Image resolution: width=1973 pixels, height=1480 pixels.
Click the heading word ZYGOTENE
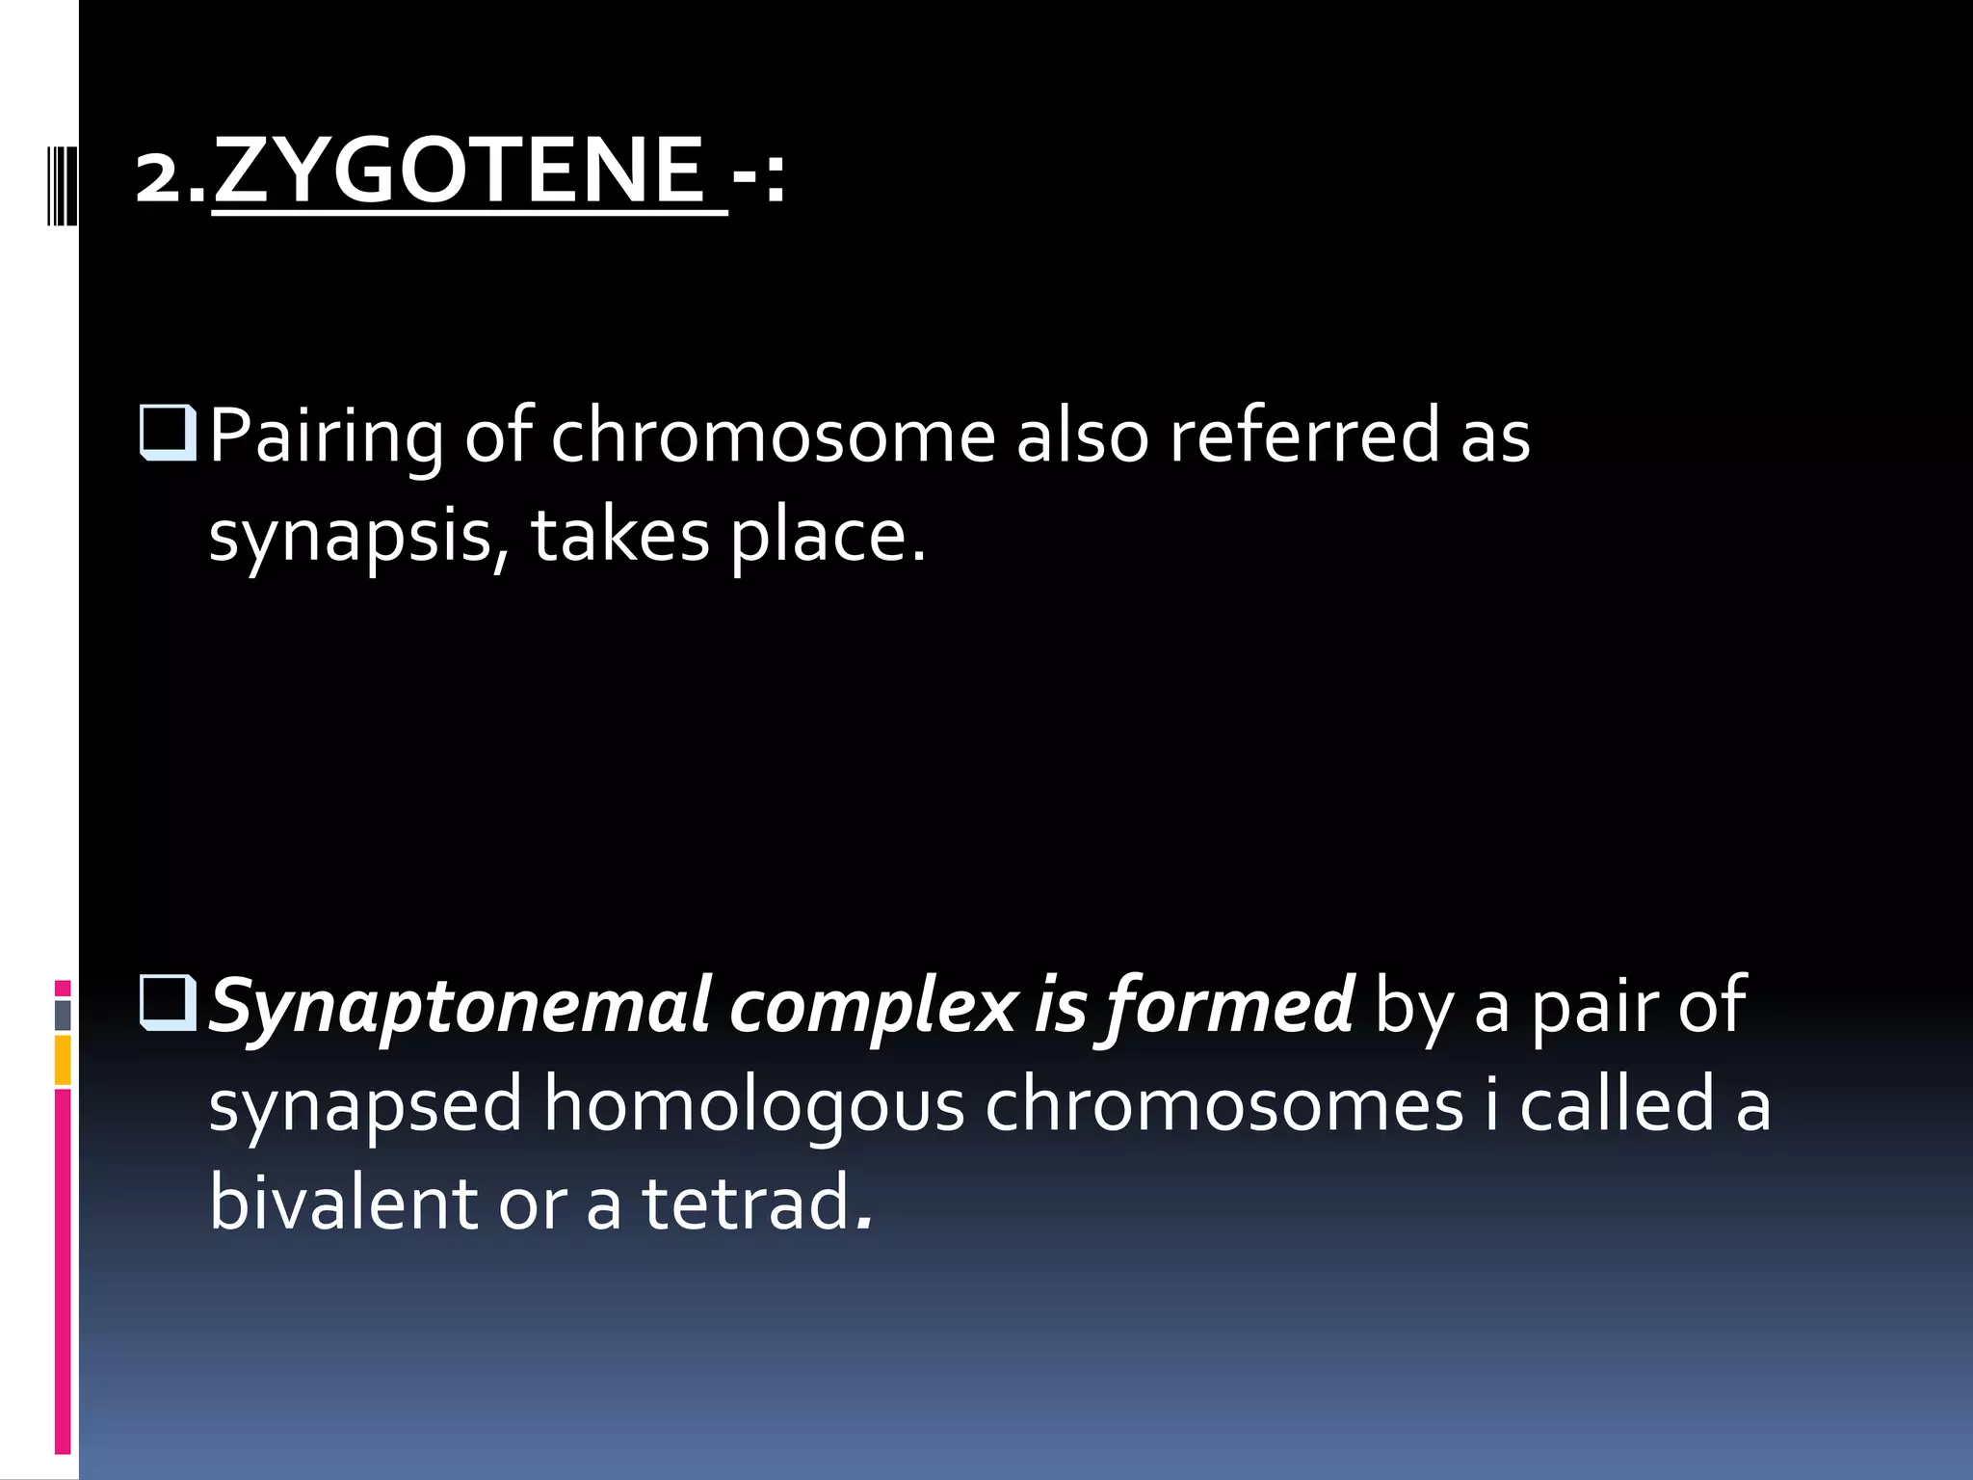[x=459, y=171]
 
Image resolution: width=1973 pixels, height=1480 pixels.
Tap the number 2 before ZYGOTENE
[x=159, y=177]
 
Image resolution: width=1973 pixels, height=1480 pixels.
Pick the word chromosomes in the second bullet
[x=1223, y=1104]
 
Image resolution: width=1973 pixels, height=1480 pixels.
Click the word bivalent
[x=343, y=1202]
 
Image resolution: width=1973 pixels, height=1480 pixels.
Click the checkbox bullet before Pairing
[x=169, y=433]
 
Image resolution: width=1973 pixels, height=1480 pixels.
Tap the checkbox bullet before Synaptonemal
[x=169, y=1003]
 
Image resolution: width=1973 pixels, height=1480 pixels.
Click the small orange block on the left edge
[x=63, y=1060]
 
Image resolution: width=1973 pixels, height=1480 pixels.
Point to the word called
[x=1617, y=1104]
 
